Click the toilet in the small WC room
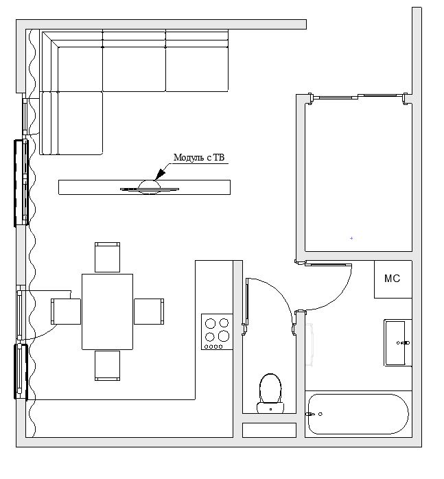pos(270,393)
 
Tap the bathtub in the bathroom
pos(358,414)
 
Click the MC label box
pos(393,279)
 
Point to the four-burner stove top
pos(217,331)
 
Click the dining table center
pos(107,312)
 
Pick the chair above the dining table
pos(107,257)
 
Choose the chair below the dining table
pos(107,366)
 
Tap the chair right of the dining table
pos(149,312)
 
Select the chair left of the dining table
pos(66,312)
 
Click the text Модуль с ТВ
pos(199,158)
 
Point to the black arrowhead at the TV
pos(160,175)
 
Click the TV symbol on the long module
pos(149,187)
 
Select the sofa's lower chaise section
pos(71,123)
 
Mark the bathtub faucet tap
pos(310,414)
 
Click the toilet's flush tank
pos(270,408)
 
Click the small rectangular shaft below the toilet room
pos(269,430)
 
